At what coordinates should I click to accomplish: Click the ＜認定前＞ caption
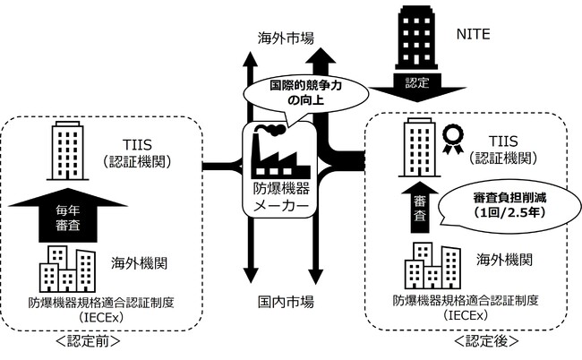click(90, 341)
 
